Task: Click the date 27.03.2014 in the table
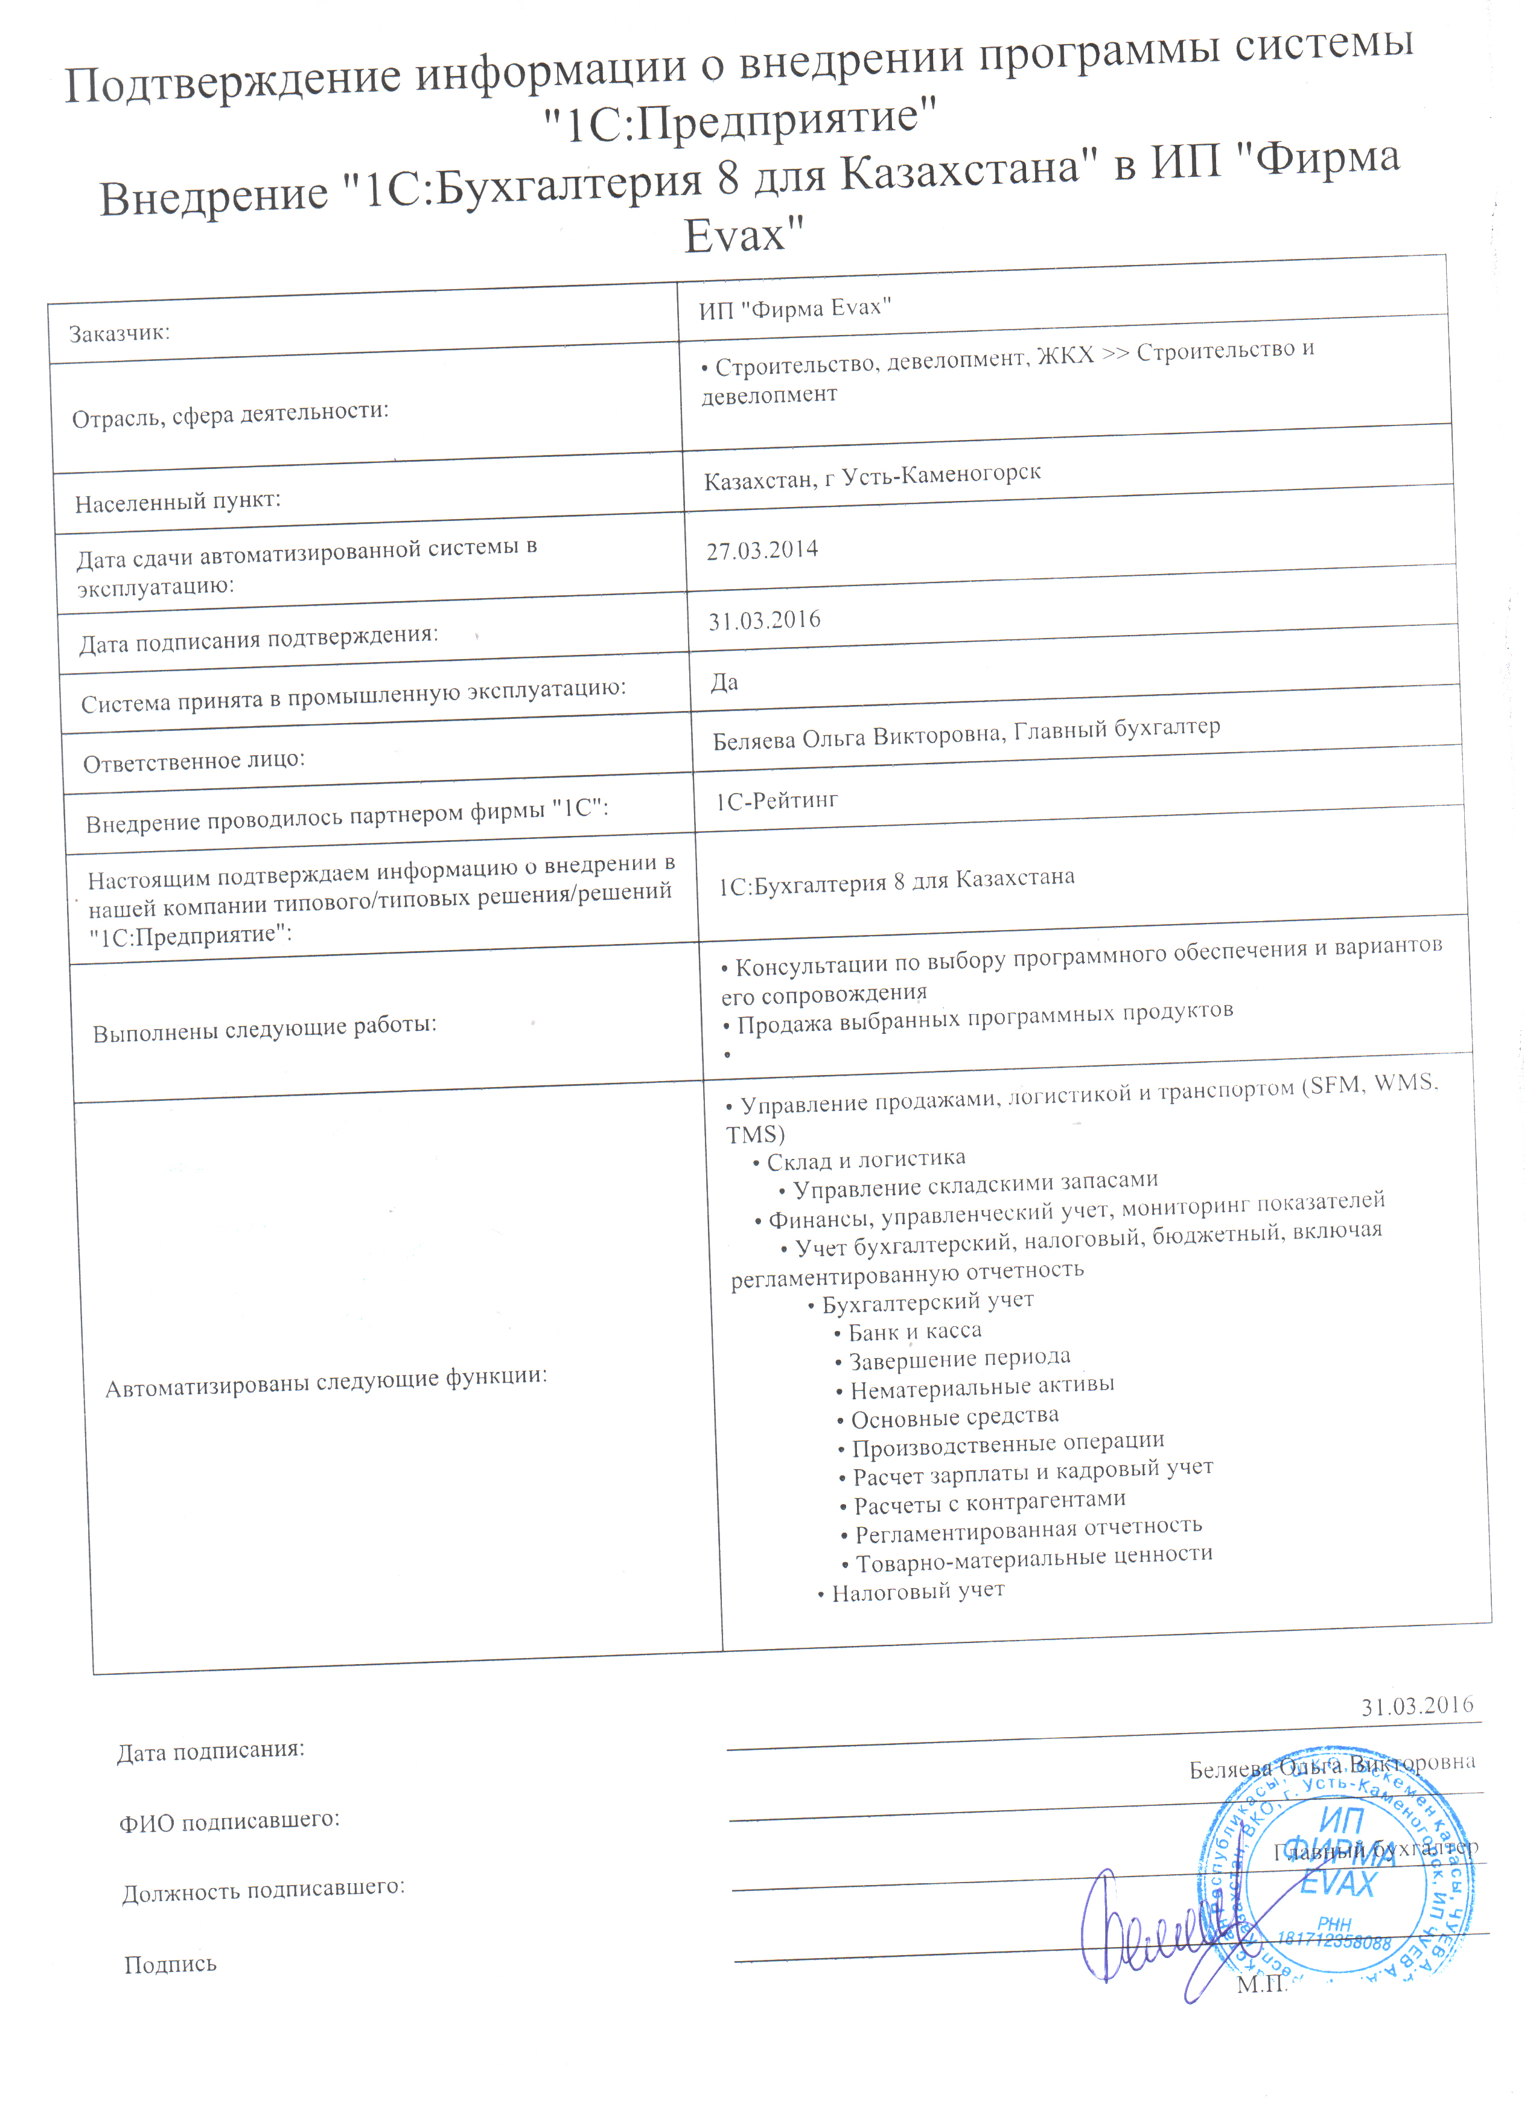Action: click(x=762, y=550)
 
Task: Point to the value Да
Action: click(x=725, y=683)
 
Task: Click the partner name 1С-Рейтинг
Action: click(x=777, y=800)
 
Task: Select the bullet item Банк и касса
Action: click(x=914, y=1332)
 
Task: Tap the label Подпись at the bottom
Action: click(x=170, y=1964)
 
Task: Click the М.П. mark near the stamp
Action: click(x=1261, y=1985)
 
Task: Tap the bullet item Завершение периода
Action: click(x=959, y=1359)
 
